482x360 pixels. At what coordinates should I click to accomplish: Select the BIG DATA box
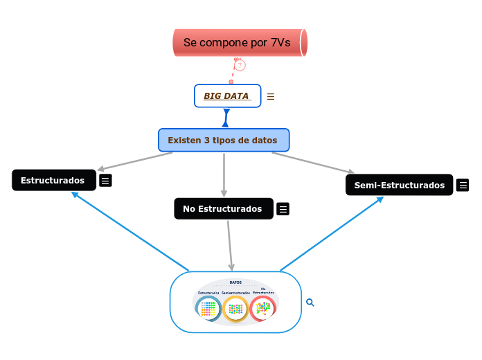tap(227, 96)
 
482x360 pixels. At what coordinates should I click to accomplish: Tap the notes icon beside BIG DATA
tap(271, 97)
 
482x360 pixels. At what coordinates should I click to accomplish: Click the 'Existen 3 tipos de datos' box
tap(223, 140)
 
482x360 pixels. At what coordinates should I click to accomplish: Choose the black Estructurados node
tap(53, 180)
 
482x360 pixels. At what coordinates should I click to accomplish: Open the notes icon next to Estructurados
tap(105, 181)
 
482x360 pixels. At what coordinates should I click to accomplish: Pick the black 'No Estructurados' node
tap(222, 208)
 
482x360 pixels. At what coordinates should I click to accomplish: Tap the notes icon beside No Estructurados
tap(283, 209)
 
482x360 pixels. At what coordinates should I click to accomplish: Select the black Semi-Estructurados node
tap(399, 185)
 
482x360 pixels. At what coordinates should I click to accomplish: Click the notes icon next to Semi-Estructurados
tap(463, 185)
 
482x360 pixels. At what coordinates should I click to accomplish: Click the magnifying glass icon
tap(310, 303)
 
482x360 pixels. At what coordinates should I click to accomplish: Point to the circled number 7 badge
tap(240, 65)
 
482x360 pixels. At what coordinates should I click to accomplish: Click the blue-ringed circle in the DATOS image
tap(208, 309)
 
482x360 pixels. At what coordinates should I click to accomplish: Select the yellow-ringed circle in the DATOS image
tap(236, 309)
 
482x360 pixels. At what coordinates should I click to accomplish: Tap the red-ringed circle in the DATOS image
tap(263, 308)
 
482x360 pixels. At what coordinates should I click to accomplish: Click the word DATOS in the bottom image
tap(235, 282)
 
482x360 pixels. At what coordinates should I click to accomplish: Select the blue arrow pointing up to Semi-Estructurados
tap(332, 233)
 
